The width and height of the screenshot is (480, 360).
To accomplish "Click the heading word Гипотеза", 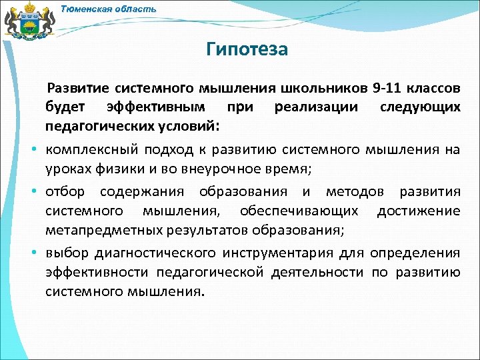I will tap(247, 49).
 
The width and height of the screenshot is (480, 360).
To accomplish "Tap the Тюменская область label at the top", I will tap(109, 9).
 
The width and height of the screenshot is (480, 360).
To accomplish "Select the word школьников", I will tap(325, 89).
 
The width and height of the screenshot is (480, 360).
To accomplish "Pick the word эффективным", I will tap(155, 107).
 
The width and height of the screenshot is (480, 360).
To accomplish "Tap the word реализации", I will tap(315, 107).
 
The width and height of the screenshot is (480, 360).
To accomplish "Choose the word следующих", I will tap(420, 107).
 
